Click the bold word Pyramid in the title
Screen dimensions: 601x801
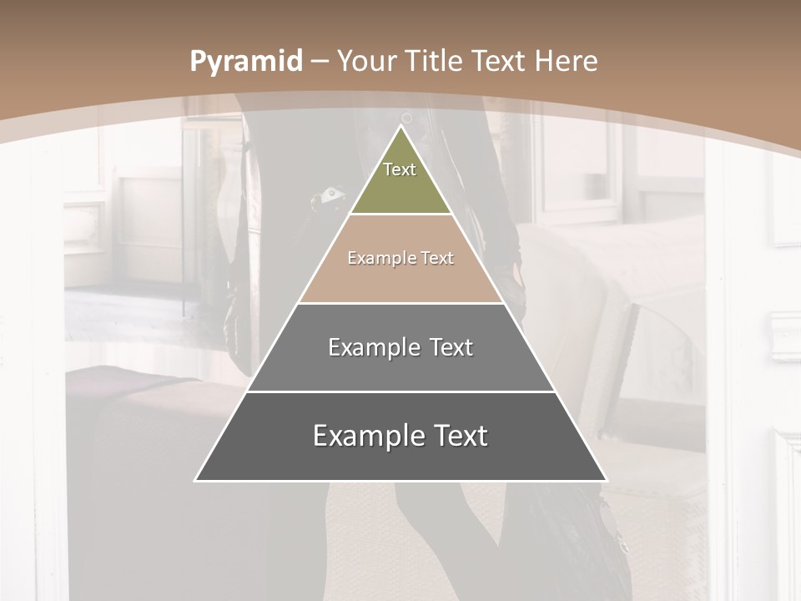pos(245,62)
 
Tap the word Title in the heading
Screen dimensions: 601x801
pos(436,62)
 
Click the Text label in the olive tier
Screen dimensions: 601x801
pos(400,169)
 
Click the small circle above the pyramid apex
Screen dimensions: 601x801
pos(406,118)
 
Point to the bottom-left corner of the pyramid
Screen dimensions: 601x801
pos(197,479)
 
